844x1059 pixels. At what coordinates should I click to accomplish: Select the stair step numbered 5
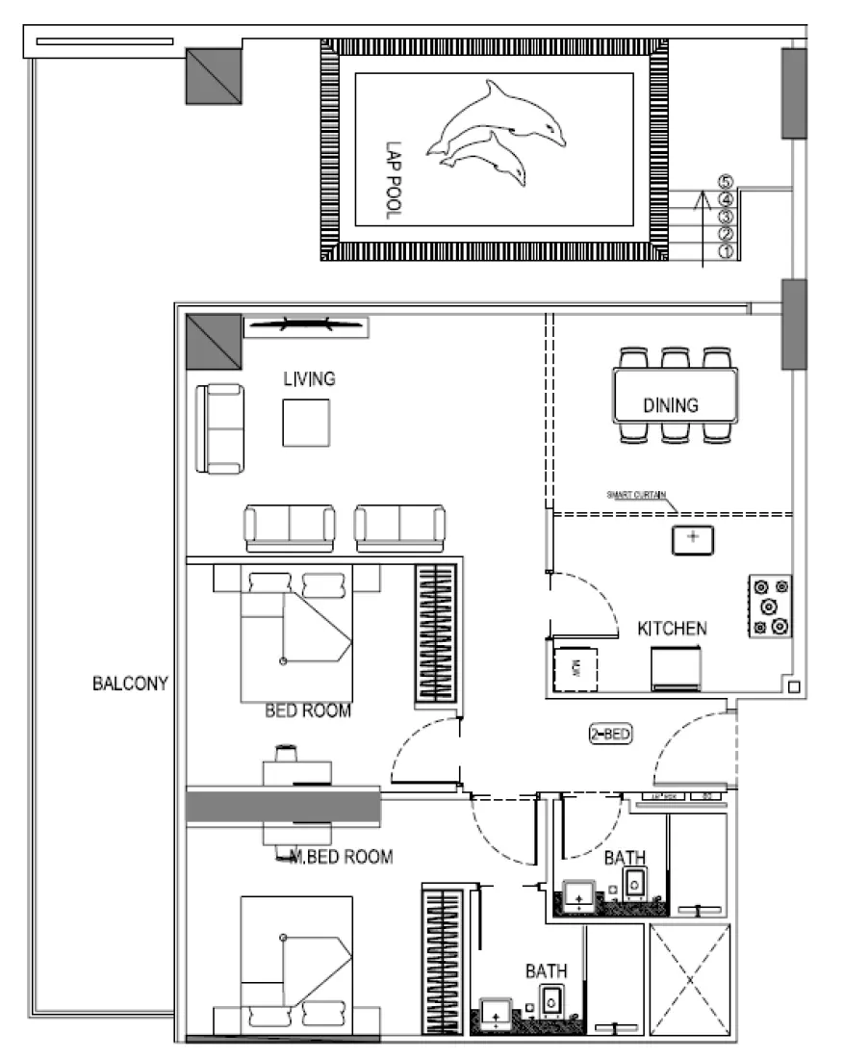(x=726, y=182)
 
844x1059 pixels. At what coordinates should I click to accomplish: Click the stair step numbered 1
(x=726, y=251)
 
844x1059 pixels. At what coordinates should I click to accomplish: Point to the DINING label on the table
(x=671, y=405)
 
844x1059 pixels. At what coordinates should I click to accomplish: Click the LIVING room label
(x=309, y=379)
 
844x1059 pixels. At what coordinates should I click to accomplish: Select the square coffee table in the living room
(x=306, y=423)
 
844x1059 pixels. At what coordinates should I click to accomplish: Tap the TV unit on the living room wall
(x=305, y=328)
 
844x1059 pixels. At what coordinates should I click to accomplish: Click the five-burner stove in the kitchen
(x=770, y=607)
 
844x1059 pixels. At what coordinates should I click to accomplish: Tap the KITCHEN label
(x=672, y=629)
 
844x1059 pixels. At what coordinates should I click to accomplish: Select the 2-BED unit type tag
(x=610, y=736)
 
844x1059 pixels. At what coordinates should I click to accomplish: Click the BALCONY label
(x=130, y=684)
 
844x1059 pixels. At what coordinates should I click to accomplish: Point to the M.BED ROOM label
(x=342, y=857)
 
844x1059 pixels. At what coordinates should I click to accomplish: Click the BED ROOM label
(x=308, y=711)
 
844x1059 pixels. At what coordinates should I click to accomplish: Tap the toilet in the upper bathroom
(x=635, y=883)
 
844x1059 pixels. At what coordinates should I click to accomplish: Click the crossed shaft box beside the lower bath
(x=689, y=980)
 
